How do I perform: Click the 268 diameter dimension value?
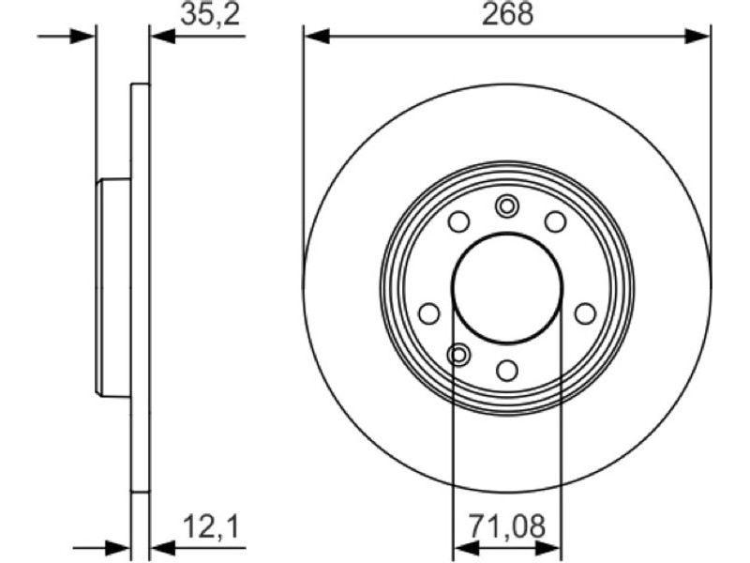coord(507,14)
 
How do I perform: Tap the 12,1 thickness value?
coord(210,526)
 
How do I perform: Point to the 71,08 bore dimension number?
coord(506,526)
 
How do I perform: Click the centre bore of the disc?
coord(507,288)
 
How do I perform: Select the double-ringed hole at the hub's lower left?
coord(458,355)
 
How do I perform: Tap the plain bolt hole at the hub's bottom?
coord(507,370)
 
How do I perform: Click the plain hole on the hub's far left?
coord(429,313)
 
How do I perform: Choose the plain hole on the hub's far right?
coord(585,313)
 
